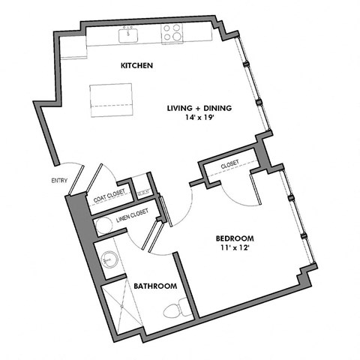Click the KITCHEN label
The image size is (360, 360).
point(137,66)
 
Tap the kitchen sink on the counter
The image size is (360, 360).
point(128,33)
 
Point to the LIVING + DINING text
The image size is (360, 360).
point(199,108)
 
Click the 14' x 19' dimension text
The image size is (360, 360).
point(199,118)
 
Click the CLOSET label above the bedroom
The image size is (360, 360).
point(229,165)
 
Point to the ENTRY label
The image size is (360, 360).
point(58,180)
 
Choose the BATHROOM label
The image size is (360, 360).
point(155,286)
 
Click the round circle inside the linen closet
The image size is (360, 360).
point(105,225)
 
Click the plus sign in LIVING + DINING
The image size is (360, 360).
point(200,108)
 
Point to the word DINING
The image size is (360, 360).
point(218,108)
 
